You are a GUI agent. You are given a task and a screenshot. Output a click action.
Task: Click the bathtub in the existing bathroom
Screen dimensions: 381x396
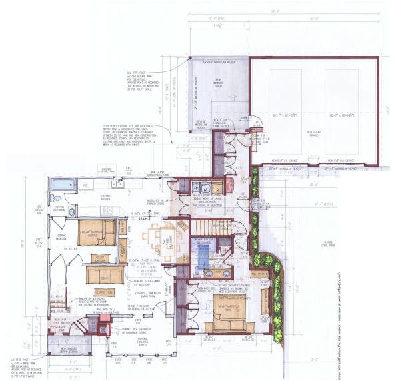click(x=65, y=184)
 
